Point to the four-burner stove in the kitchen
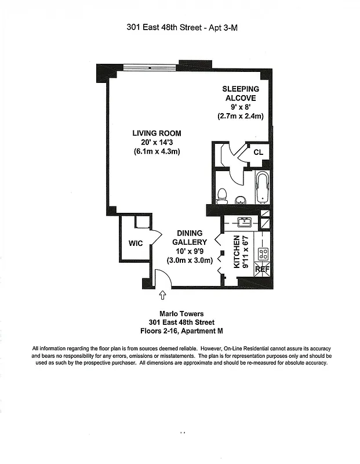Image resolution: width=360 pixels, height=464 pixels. coord(263,253)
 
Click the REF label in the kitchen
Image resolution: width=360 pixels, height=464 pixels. coord(262,269)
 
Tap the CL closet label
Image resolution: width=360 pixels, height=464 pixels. coord(258,152)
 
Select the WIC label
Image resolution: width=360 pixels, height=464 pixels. coord(136,244)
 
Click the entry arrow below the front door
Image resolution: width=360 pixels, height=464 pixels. coord(162,298)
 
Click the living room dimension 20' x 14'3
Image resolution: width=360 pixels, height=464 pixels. coord(156,143)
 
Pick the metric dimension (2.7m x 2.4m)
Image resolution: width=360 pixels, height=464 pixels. coord(241,116)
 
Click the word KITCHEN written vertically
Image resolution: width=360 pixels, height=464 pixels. coord(237,253)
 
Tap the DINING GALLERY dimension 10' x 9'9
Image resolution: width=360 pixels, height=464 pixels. coord(190,251)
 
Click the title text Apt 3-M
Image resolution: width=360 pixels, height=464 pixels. coord(223,27)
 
